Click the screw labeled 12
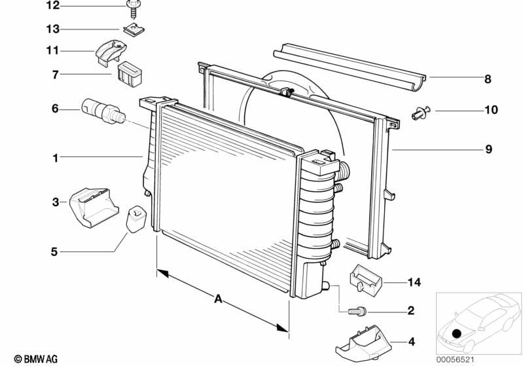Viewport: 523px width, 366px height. (134, 9)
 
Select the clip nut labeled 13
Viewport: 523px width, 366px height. (134, 30)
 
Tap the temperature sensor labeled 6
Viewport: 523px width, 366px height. (103, 110)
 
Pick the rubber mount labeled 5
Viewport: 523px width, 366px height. (136, 219)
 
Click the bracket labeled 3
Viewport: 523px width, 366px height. (94, 208)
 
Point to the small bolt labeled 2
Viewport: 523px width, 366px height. (357, 312)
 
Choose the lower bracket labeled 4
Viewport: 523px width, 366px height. (363, 342)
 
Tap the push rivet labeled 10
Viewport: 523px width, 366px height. (421, 113)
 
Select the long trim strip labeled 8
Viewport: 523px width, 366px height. (350, 67)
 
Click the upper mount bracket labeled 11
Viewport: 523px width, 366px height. (111, 52)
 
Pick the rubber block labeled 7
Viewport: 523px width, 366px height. (130, 74)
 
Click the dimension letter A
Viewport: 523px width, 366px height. (218, 299)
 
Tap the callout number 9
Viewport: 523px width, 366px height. (488, 149)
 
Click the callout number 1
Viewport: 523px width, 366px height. (56, 158)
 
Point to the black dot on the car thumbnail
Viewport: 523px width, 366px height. (456, 333)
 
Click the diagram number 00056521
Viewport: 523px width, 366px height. (456, 359)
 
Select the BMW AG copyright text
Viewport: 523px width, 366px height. (36, 359)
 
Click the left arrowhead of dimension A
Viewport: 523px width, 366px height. (162, 274)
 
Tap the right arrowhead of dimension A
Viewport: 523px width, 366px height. (283, 327)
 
